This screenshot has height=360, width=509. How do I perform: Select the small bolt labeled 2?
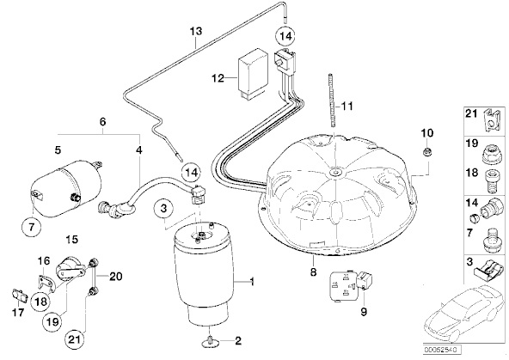[211, 341]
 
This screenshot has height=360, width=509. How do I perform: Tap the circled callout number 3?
[164, 208]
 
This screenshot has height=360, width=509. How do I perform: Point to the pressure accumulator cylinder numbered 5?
[65, 187]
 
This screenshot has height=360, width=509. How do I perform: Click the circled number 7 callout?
[31, 227]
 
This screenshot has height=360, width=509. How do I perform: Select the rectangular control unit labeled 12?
[252, 73]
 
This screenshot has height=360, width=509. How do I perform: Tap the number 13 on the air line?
[196, 31]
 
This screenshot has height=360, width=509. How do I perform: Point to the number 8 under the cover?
[313, 272]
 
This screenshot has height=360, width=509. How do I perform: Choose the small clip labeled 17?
[20, 296]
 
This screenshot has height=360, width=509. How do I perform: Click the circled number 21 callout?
[75, 339]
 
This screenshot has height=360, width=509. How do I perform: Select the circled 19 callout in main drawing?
[52, 321]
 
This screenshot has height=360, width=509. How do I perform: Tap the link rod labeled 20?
[94, 275]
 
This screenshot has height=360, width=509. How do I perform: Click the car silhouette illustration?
[463, 314]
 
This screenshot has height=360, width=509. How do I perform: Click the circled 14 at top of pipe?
[285, 36]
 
